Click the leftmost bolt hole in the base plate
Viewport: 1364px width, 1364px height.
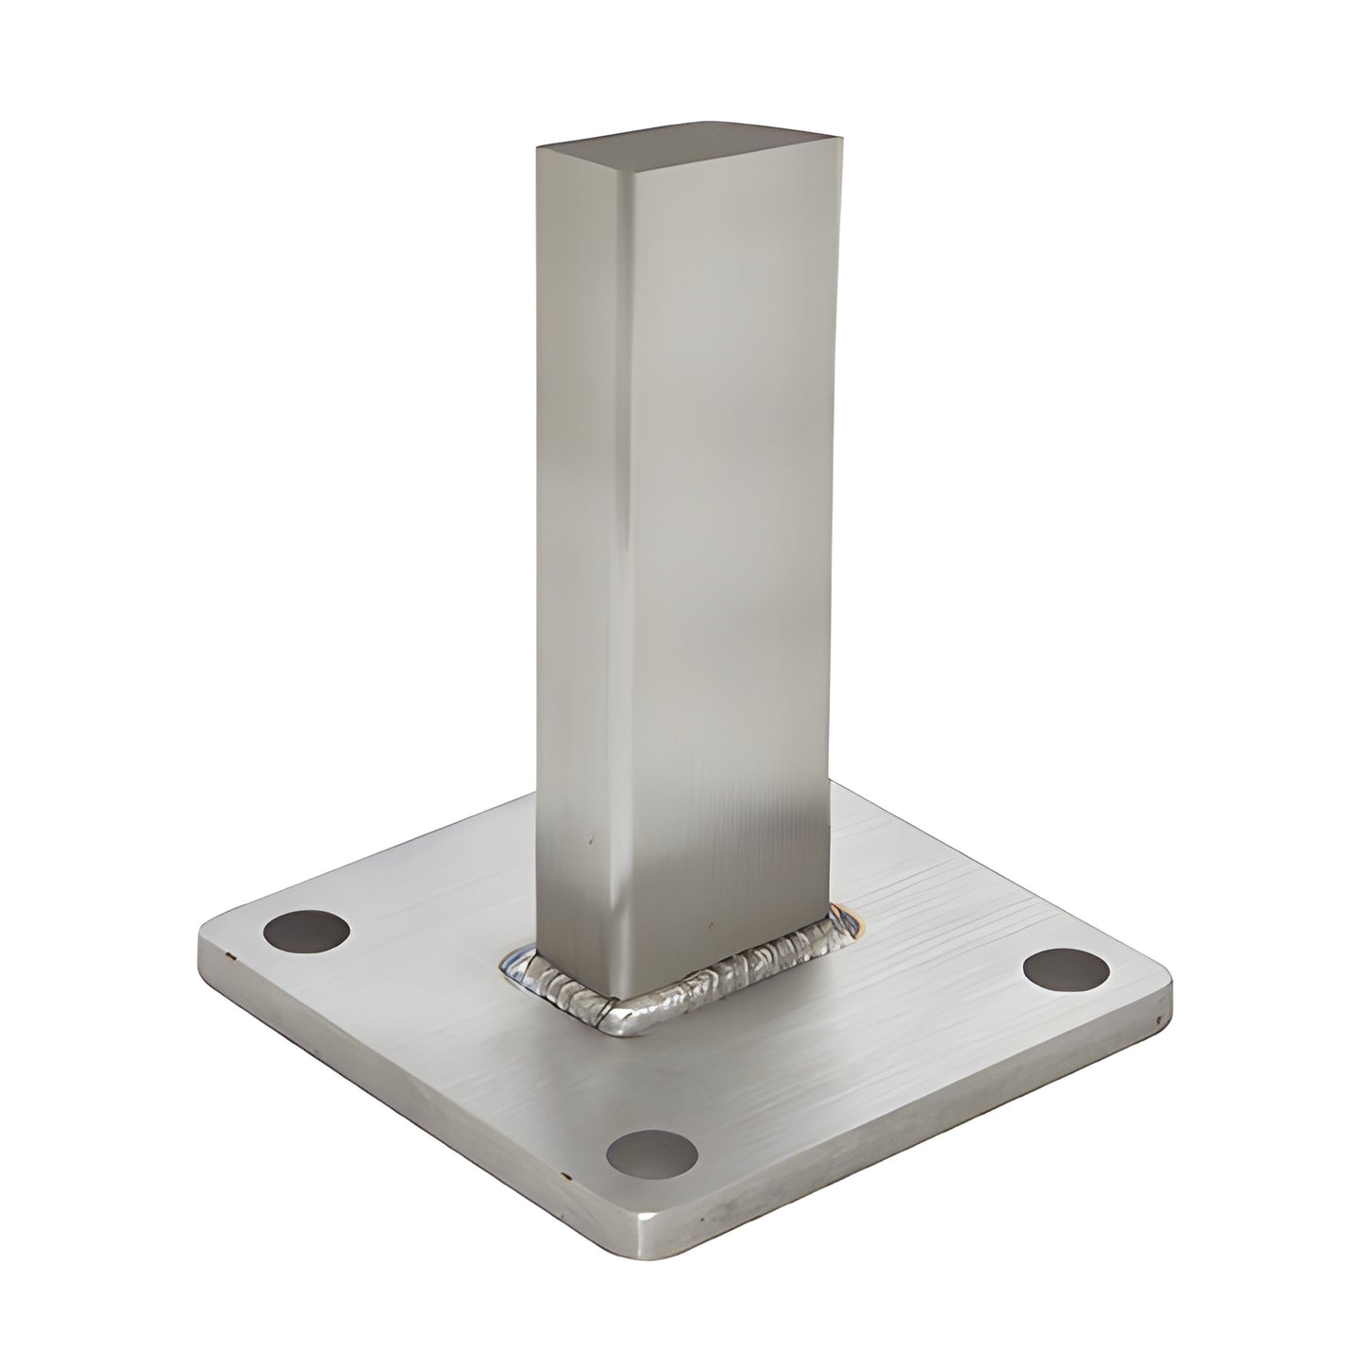306,933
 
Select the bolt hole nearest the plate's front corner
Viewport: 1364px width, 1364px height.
651,1153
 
